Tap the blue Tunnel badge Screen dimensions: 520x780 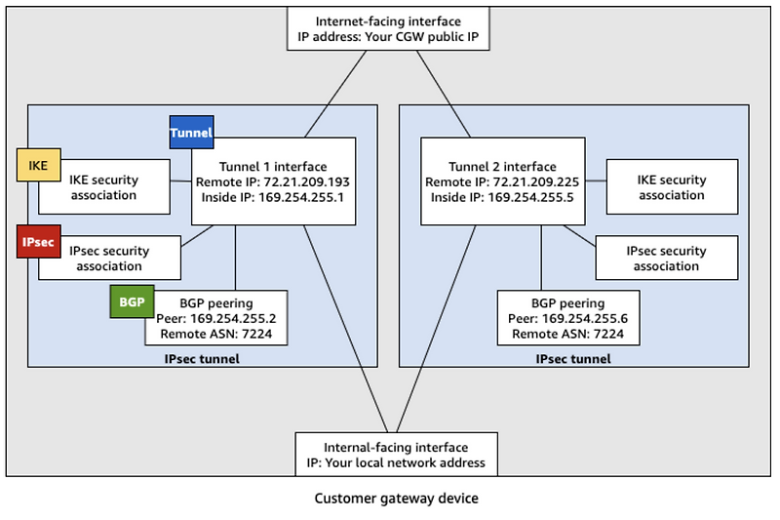point(191,133)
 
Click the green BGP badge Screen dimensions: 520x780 point(131,302)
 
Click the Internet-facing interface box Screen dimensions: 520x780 point(396,30)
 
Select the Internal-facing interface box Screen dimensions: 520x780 point(396,455)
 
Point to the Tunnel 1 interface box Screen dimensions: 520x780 point(272,181)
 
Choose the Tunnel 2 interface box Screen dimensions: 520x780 point(502,181)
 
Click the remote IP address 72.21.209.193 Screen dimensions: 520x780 point(307,181)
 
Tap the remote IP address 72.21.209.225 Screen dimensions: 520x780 point(536,181)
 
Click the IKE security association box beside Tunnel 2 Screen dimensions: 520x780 point(671,187)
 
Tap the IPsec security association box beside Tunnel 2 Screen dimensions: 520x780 point(665,259)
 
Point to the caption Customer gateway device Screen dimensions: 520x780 point(396,499)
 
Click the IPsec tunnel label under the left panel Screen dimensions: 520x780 point(202,359)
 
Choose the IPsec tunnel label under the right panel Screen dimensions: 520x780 point(573,359)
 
